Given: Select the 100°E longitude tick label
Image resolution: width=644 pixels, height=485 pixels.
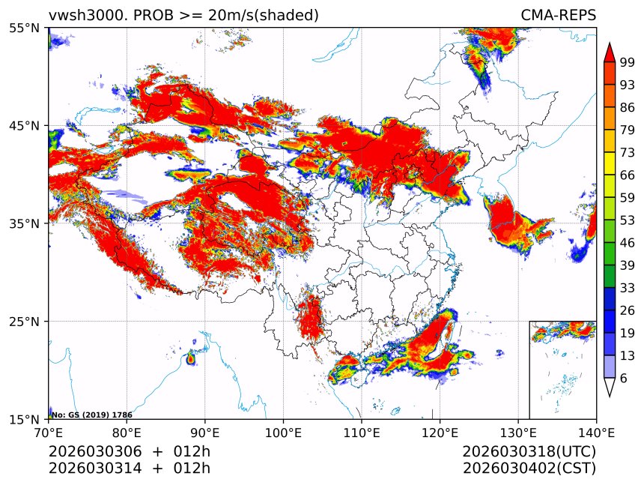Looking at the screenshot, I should (283, 433).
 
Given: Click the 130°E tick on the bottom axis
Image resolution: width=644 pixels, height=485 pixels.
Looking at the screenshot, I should (517, 433).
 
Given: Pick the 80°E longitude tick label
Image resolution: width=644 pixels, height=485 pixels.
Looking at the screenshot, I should (127, 433).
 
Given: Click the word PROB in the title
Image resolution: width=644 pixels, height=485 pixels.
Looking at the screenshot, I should (154, 15).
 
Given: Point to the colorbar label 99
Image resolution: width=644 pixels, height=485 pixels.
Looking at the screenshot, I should (628, 62).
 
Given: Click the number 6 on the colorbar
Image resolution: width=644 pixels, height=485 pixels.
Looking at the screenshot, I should (623, 379).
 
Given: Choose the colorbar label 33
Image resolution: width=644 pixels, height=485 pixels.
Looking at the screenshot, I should (628, 287).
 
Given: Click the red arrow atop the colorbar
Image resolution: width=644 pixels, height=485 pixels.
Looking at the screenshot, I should (609, 52).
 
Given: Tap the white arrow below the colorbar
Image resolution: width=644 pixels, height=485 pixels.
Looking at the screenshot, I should (609, 388).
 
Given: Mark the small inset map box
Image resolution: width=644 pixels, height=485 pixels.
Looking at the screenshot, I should (562, 370).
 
